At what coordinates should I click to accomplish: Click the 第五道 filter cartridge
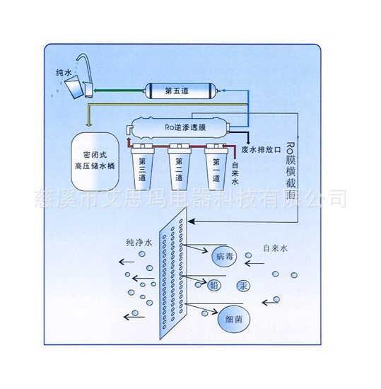tap(180, 91)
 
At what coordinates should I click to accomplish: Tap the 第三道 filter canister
tap(142, 167)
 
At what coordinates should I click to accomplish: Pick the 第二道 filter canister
tap(179, 167)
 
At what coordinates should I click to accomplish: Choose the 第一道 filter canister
tap(216, 167)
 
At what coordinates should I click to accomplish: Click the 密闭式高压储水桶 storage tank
tap(95, 161)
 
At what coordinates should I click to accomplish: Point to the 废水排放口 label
tap(262, 150)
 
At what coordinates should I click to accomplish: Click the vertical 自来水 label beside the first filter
tap(235, 173)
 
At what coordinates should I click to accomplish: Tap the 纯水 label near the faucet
tap(64, 72)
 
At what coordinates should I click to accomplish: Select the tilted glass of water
tap(74, 87)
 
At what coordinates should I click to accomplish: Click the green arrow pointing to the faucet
tap(119, 91)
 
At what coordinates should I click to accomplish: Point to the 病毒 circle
tap(224, 256)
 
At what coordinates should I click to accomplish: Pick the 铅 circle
tap(214, 285)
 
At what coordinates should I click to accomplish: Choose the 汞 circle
tap(243, 286)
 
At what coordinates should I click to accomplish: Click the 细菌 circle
tap(233, 319)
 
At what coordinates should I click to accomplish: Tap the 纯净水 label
tap(139, 243)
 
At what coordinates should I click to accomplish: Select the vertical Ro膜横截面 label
tap(291, 170)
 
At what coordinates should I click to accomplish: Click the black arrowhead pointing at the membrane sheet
tap(191, 221)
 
